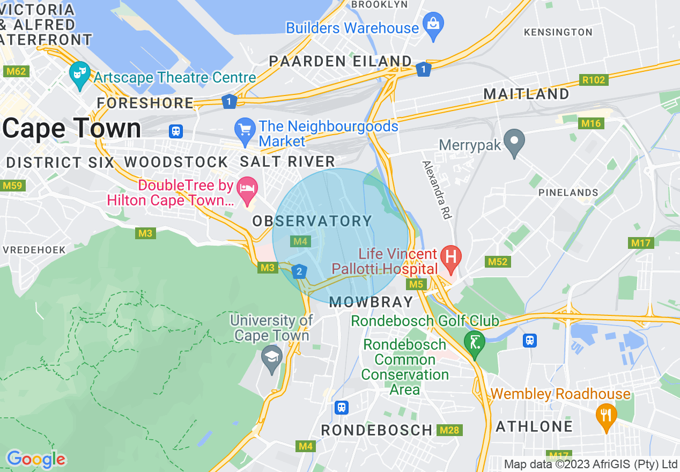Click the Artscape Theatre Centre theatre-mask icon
pos(80,75)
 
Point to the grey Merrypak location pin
pos(515,142)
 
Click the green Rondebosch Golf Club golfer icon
pos(474,341)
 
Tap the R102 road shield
pos(593,80)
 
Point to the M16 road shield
pos(592,124)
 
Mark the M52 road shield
pos(498,262)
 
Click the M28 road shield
pos(449,430)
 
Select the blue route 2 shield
pos(299,271)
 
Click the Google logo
pos(36,459)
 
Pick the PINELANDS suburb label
pos(568,193)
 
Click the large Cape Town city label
pos(72,129)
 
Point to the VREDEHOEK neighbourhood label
pos(34,250)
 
